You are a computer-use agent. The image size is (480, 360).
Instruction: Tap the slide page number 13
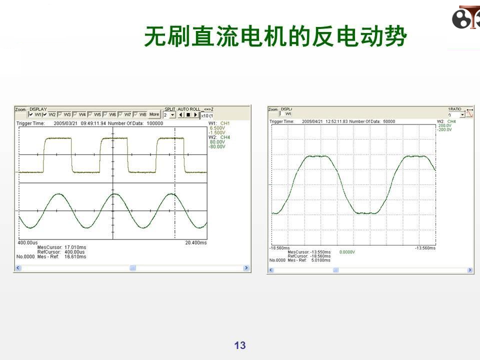point(240,345)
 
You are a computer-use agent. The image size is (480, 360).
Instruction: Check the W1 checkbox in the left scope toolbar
point(31,114)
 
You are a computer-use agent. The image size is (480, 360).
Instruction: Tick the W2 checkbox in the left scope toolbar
point(45,114)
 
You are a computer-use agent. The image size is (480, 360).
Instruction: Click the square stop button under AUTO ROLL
point(188,114)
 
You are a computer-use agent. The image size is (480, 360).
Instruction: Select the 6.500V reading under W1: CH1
point(217,128)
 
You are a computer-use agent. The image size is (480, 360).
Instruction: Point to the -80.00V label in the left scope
point(217,146)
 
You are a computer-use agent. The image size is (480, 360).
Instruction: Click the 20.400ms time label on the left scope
point(195,242)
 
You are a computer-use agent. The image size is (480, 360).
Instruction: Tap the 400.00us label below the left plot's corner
point(27,242)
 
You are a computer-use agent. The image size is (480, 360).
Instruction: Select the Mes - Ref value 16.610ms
point(75,256)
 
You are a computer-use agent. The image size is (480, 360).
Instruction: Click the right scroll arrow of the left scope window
point(246,268)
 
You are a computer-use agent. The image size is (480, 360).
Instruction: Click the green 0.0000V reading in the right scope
point(347,252)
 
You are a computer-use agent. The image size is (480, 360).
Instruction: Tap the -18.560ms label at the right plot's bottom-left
point(279,247)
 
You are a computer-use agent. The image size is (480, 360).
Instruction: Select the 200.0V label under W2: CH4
point(444,125)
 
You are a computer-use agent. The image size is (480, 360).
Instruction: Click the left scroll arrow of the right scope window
point(271,270)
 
